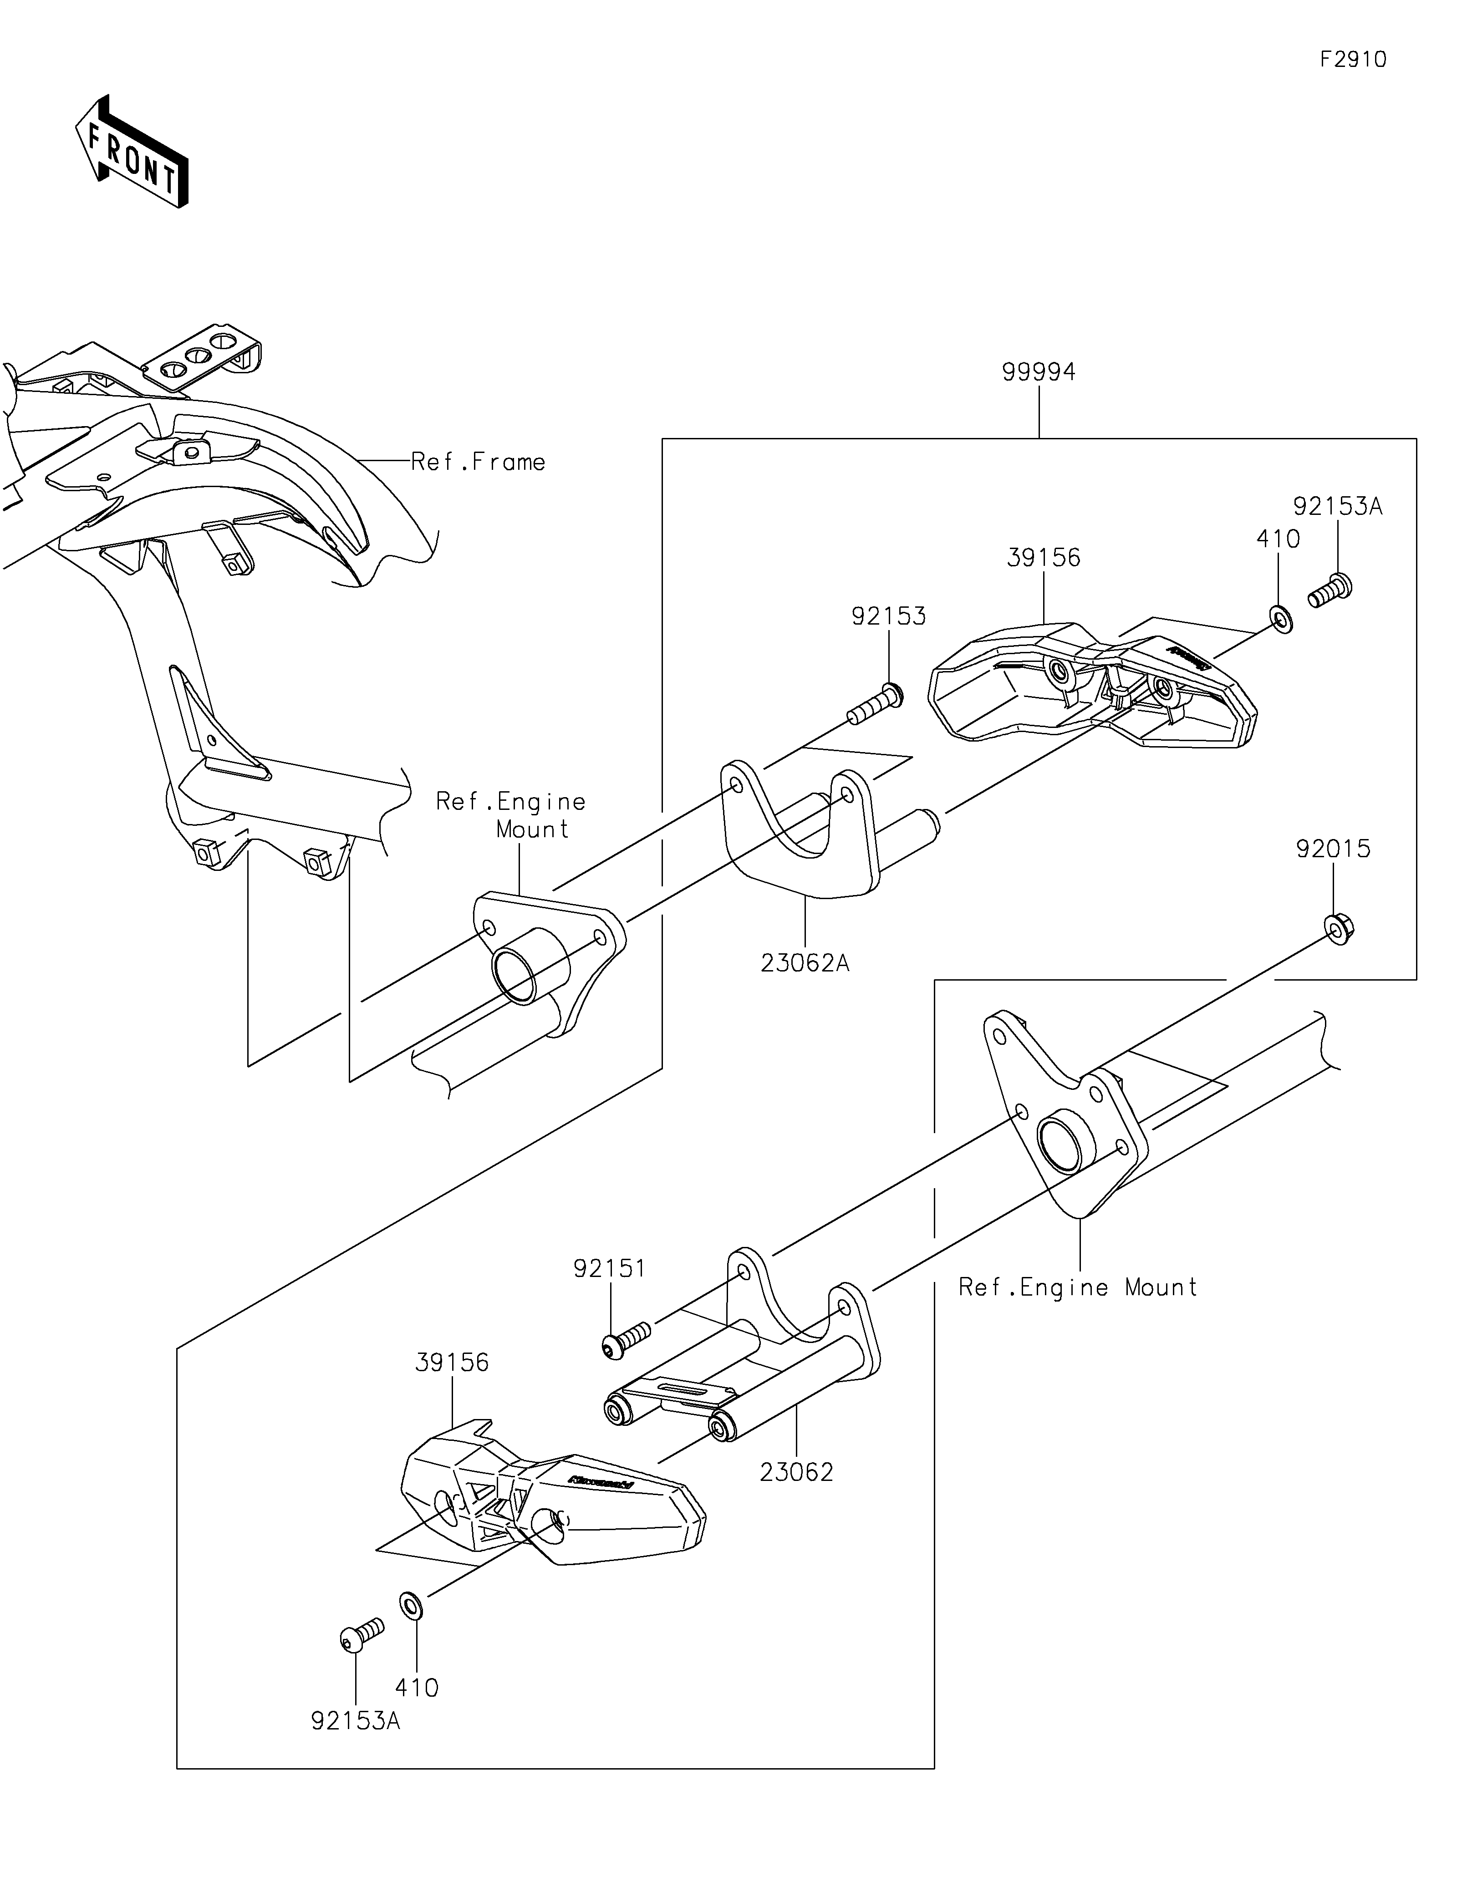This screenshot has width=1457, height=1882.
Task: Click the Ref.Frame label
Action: [478, 462]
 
